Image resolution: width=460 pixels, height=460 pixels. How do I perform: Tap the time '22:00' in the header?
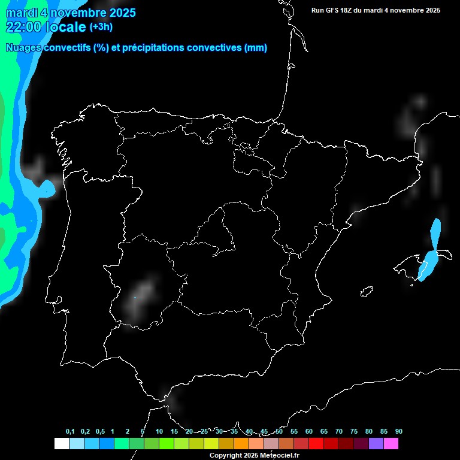23,27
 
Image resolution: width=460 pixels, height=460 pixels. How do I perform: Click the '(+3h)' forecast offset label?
101,27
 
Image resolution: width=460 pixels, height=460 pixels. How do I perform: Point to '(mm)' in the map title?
256,48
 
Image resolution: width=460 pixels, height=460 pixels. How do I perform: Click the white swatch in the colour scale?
61,444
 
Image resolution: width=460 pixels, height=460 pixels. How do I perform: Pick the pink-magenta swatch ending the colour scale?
391,444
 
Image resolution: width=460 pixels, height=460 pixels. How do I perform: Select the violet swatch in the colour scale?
376,444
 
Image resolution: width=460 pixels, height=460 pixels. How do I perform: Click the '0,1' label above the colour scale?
70,432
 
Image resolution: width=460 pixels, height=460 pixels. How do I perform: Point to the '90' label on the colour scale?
399,432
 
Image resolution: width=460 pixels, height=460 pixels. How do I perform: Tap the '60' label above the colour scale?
309,432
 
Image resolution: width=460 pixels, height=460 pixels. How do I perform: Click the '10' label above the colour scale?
159,432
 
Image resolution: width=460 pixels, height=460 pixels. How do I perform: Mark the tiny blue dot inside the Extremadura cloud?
135,298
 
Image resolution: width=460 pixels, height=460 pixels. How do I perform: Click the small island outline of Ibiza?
367,292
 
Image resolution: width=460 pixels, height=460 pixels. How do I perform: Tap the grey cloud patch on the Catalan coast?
357,211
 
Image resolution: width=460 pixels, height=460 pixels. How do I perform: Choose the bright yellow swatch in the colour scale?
211,444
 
